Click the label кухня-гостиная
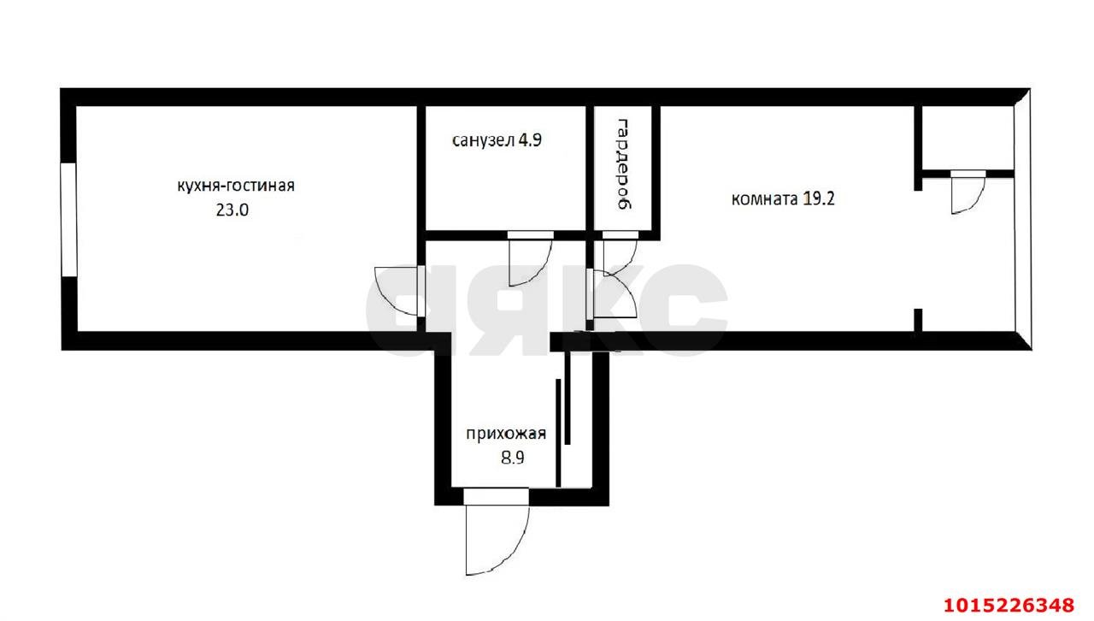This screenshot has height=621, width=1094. point(235,185)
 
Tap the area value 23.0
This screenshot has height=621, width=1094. point(232,210)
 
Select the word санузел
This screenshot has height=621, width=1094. point(483,140)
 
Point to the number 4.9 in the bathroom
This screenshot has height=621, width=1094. point(529,140)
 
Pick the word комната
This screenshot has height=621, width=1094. point(764,199)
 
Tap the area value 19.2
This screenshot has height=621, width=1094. point(821,199)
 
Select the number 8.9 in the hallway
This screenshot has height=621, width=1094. point(512,457)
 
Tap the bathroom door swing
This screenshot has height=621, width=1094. point(528,260)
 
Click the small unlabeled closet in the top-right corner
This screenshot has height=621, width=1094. point(967,138)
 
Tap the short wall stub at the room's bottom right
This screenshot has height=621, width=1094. point(919,320)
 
